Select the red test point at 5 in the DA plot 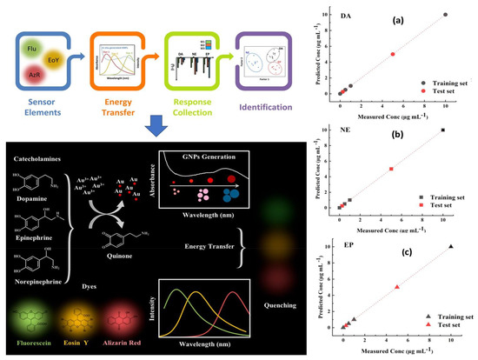(393, 54)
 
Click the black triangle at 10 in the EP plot (450, 247)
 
